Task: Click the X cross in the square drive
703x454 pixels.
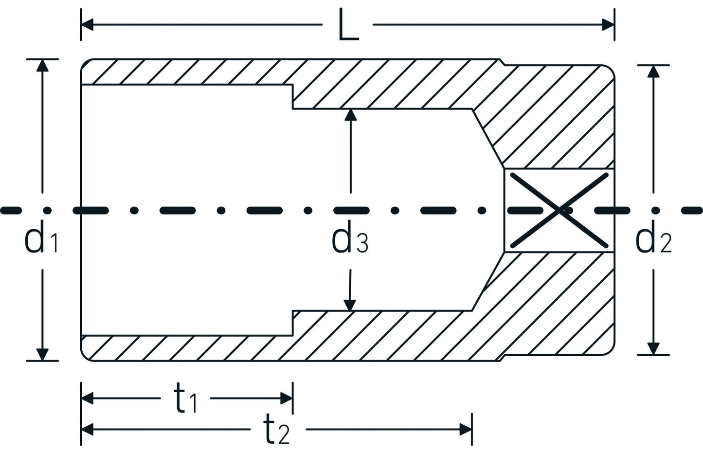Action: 559,210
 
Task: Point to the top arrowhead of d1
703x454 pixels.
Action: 43,66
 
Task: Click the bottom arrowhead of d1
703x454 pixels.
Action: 43,354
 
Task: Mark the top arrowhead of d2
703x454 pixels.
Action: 653,71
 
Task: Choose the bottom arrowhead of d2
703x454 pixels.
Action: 653,348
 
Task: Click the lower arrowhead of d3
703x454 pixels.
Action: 349,305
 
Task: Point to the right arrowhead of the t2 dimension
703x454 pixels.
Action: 465,429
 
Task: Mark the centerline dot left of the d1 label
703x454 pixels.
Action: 47,210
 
